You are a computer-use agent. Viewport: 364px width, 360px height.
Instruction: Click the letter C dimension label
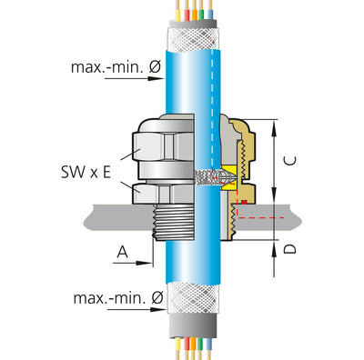coord(291,161)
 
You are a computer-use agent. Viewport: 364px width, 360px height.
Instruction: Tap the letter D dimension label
coord(290,249)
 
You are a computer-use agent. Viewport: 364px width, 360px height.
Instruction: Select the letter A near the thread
coord(122,252)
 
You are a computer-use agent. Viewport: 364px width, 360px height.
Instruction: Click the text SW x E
coord(86,173)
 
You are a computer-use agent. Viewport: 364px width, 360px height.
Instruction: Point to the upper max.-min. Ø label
coord(116,67)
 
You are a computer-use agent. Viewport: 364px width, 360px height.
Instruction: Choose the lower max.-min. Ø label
coord(118,298)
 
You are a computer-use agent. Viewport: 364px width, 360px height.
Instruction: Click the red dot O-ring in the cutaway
coord(244,202)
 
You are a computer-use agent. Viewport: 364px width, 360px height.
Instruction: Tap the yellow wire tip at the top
coord(178,14)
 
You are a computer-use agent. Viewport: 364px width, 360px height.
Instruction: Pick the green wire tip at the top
coord(203,14)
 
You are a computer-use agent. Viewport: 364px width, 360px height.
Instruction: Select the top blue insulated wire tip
coord(210,14)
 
